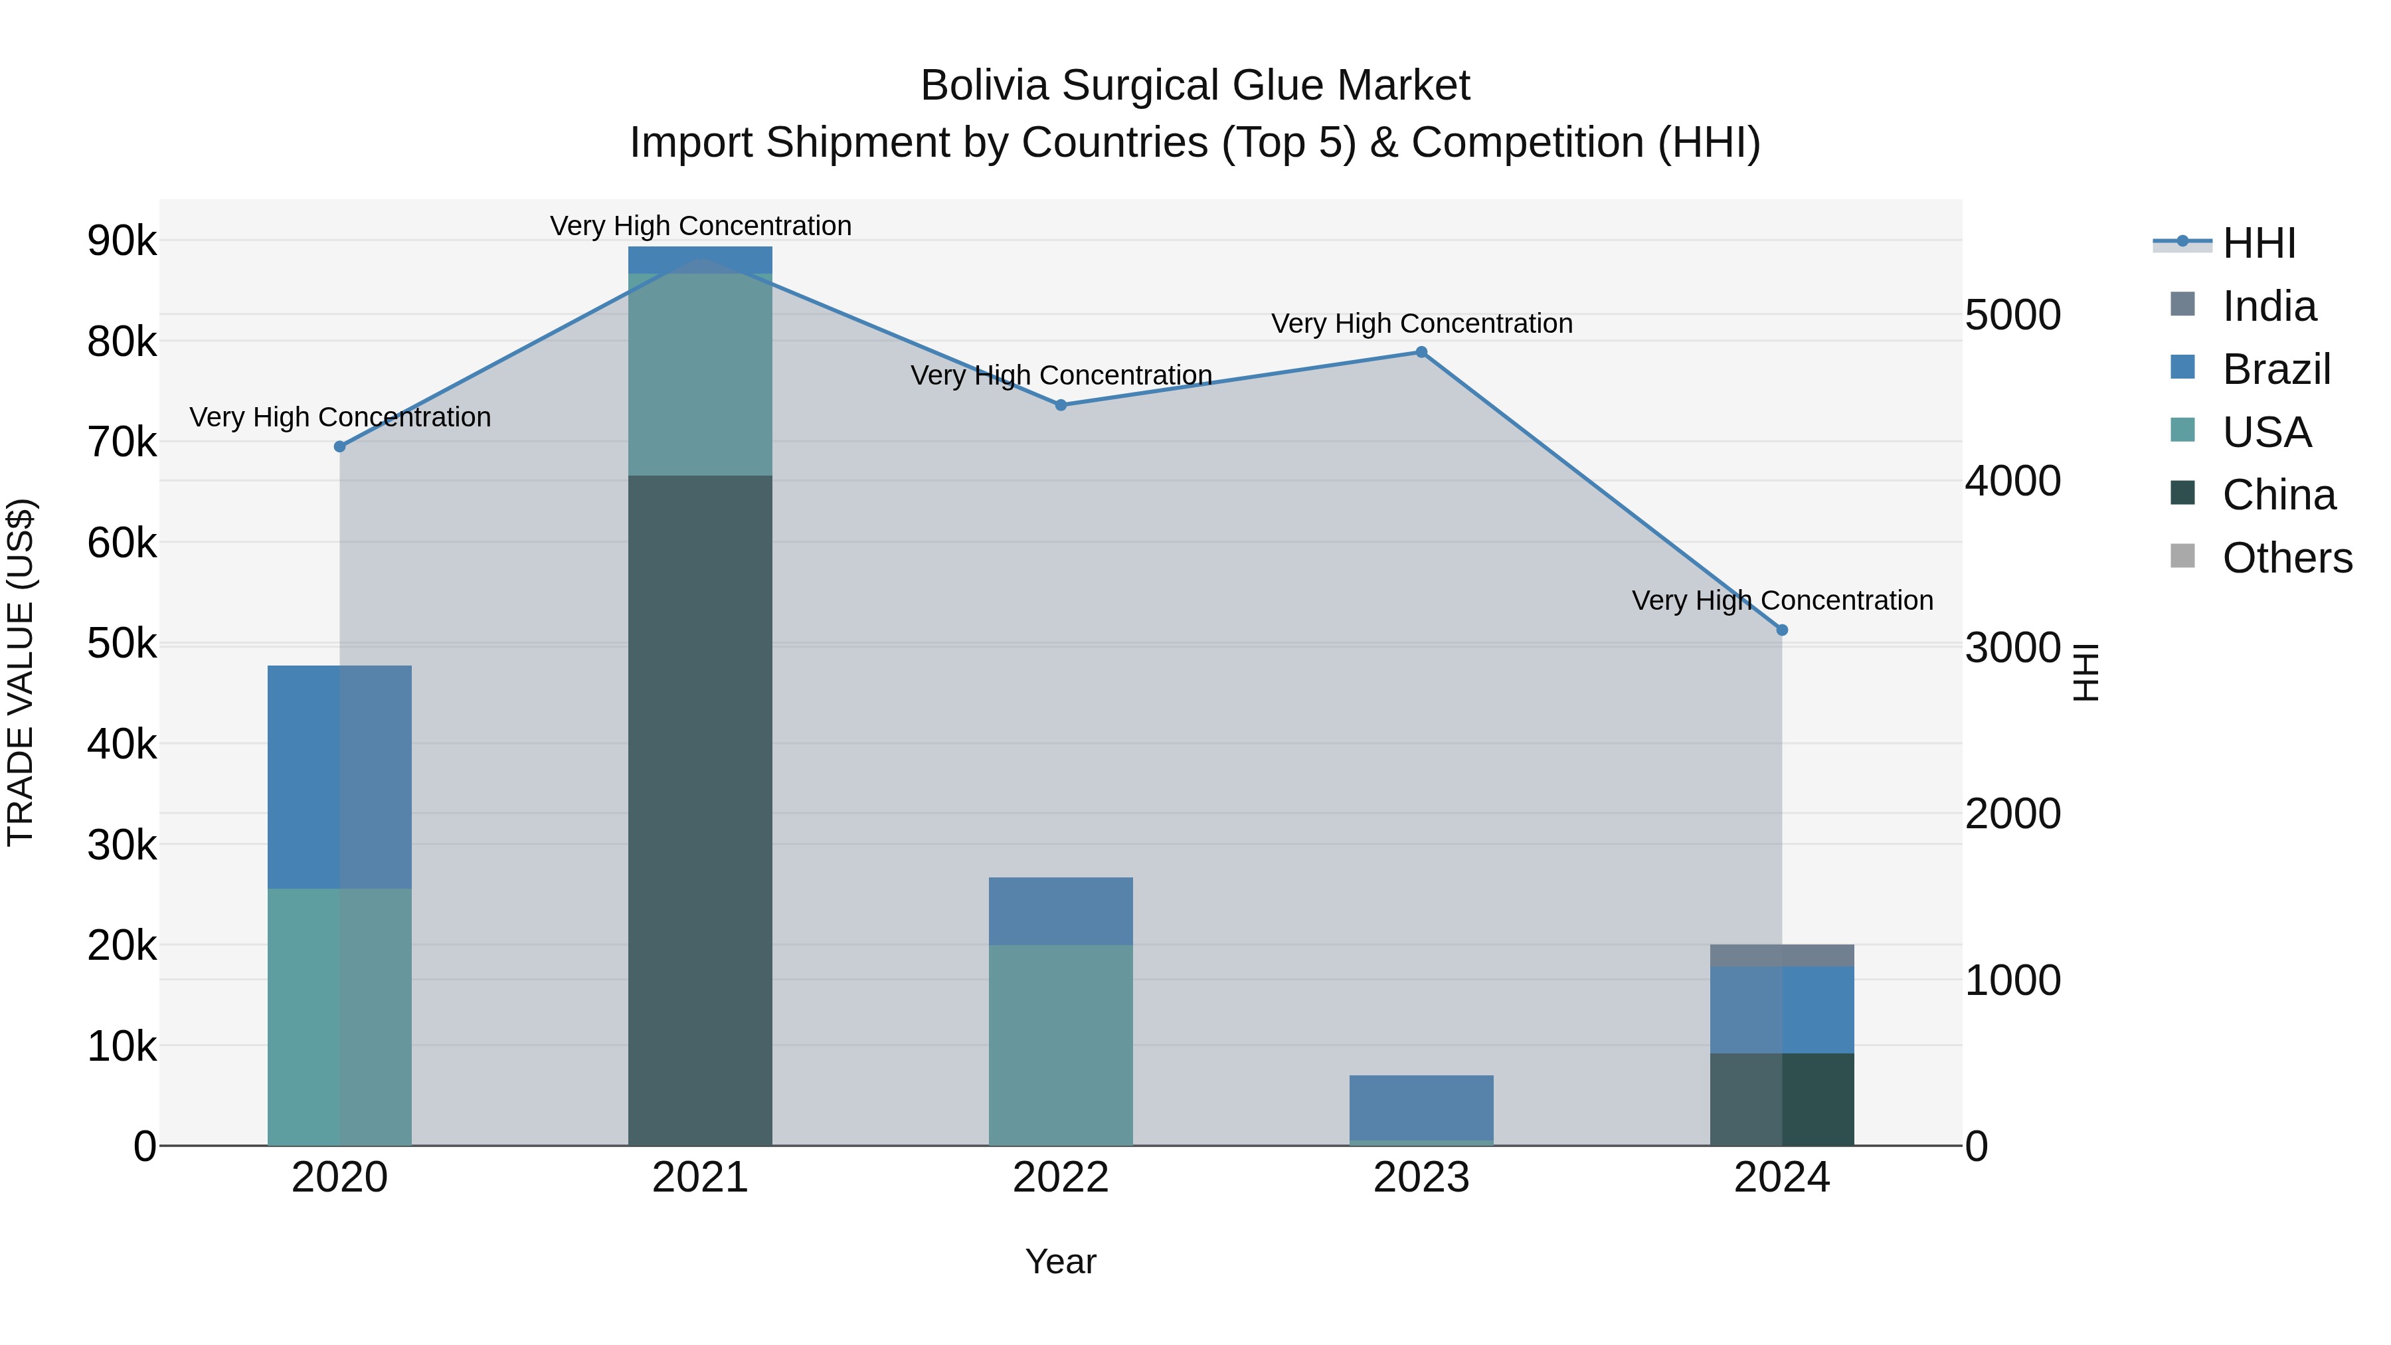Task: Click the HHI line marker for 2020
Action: pos(339,446)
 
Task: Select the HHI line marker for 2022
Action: pos(1061,404)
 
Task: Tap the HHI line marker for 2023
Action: pos(1421,352)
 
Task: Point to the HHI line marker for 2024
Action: pos(1782,630)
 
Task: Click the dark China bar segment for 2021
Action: pos(700,808)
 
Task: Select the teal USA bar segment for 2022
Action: pos(1061,1044)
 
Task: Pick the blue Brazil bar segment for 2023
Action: pos(1421,1107)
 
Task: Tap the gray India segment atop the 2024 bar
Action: pos(1782,955)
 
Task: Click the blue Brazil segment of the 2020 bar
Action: pos(339,776)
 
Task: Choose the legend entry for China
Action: pos(2278,495)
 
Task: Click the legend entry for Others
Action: pos(2286,558)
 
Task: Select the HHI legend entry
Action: pos(2258,243)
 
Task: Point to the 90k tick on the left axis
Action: pos(122,241)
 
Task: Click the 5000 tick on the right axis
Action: pos(2012,315)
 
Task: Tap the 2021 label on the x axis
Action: pos(700,1178)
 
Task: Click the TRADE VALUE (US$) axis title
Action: pos(21,672)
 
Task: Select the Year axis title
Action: pos(1060,1261)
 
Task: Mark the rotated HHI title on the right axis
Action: pos(2085,672)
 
